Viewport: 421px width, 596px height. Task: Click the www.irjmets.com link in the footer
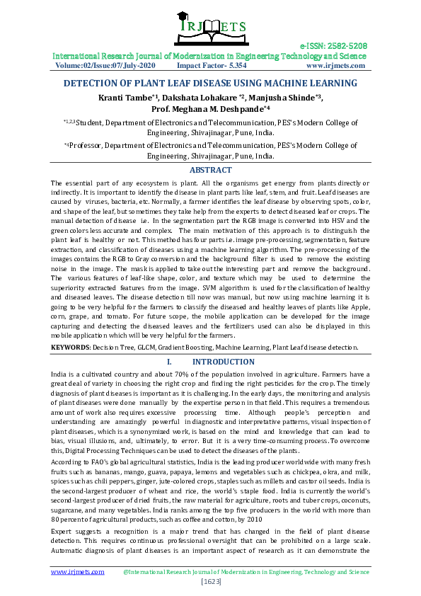(77, 571)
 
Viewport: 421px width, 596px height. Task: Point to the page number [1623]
(210, 581)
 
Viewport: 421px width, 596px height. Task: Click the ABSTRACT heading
(210, 170)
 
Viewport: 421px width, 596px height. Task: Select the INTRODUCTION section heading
(224, 362)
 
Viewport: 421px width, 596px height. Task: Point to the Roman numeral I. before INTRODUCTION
(160, 362)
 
